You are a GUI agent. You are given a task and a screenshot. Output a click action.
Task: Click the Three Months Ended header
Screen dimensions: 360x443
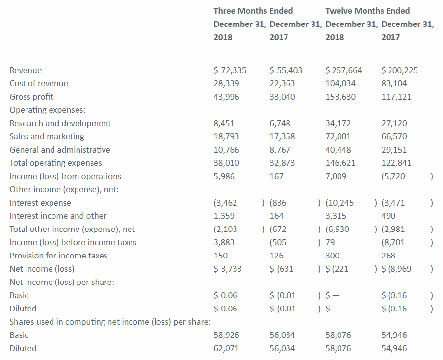[253, 11]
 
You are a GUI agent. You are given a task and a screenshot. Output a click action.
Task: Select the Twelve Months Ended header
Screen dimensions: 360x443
[367, 11]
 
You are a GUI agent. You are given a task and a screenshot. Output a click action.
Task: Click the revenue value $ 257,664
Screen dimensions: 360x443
[343, 70]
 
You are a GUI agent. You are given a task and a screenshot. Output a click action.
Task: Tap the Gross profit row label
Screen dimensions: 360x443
[31, 97]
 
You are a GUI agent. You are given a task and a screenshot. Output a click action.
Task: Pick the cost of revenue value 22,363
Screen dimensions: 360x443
[282, 83]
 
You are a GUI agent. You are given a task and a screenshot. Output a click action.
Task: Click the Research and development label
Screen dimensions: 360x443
[60, 123]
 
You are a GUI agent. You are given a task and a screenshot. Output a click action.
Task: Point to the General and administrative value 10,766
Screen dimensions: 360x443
[226, 150]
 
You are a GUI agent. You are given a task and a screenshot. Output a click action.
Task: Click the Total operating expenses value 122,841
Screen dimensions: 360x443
[396, 163]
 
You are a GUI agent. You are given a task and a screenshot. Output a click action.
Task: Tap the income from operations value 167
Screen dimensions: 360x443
[276, 176]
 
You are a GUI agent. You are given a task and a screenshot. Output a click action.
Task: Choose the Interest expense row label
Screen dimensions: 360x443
[40, 203]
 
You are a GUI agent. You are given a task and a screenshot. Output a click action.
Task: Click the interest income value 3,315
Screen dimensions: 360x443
[336, 216]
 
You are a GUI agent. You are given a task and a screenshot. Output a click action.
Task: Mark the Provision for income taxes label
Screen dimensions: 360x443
[58, 256]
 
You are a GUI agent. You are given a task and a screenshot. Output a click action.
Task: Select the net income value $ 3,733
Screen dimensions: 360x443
[228, 269]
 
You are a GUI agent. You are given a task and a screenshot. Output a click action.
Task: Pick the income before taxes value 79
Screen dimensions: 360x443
[330, 242]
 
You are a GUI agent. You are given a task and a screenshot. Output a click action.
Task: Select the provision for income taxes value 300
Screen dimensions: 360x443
[333, 256]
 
